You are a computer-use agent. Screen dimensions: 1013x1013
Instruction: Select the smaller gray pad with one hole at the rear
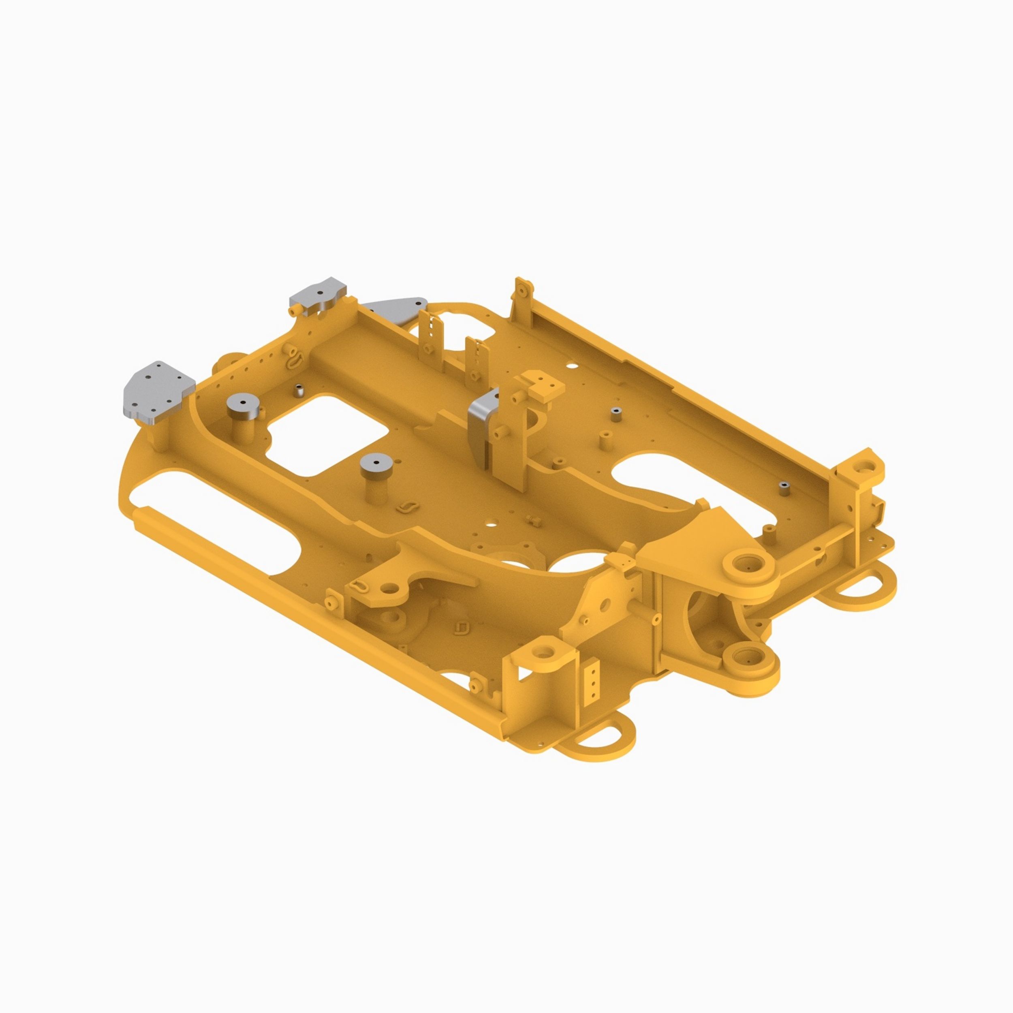(x=318, y=294)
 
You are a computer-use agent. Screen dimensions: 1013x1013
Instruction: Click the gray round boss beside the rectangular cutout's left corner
(x=244, y=405)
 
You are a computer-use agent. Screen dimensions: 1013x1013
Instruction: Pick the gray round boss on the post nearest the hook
(x=376, y=464)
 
